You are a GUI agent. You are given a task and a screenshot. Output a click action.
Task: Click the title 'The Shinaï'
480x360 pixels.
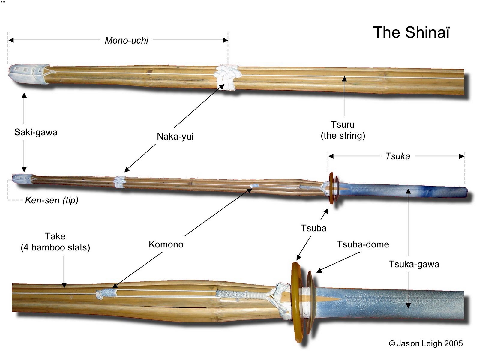(411, 32)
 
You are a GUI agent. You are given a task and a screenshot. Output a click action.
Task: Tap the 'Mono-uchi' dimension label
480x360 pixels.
(127, 40)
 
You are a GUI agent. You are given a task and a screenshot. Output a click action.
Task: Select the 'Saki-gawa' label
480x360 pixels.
(36, 132)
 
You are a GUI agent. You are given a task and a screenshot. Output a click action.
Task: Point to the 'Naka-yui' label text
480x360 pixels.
(175, 136)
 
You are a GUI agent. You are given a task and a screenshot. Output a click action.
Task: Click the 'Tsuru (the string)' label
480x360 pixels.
(343, 130)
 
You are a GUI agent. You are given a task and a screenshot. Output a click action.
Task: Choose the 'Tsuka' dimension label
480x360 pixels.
(397, 156)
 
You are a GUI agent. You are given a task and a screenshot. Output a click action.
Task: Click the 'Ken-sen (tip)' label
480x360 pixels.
(51, 200)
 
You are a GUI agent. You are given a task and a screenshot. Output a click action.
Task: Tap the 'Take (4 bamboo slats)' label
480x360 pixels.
(55, 242)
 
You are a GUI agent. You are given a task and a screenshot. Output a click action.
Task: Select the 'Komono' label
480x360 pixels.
(166, 244)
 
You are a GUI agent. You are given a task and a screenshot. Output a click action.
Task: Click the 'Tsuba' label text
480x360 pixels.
(314, 228)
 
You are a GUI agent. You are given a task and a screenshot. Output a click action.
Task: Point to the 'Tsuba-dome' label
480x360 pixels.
(363, 244)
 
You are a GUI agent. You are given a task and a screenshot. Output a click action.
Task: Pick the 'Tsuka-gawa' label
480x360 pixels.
(414, 264)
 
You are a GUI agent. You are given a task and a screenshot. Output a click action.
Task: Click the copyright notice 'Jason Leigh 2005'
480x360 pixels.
(426, 343)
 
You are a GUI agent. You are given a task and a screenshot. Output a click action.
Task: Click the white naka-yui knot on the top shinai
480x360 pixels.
(226, 77)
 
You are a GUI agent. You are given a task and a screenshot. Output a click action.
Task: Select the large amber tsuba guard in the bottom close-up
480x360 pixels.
(297, 301)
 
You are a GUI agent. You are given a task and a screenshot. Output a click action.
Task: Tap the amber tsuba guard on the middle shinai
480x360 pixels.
(331, 188)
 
